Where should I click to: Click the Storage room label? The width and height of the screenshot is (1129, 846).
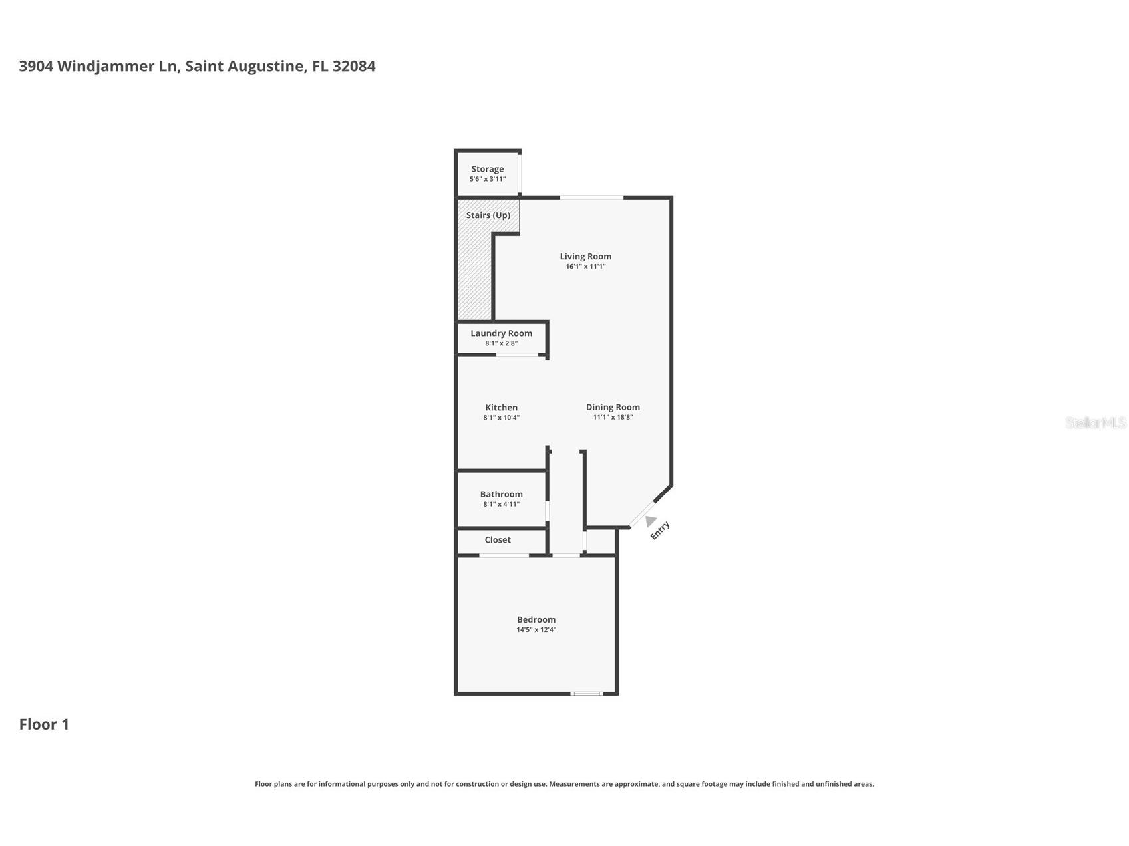click(488, 169)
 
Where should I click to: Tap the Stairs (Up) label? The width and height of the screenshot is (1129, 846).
click(488, 215)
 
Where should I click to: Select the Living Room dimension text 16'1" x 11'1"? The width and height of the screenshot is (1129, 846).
click(585, 267)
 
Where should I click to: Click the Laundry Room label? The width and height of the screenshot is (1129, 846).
click(501, 333)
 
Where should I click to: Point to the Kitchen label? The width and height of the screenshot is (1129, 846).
click(501, 408)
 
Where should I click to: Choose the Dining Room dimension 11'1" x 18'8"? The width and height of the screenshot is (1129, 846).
click(613, 418)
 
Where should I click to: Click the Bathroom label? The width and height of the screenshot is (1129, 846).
click(501, 494)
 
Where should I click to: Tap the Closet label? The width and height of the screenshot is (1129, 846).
click(498, 540)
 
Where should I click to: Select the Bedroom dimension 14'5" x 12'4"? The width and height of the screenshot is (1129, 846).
click(536, 630)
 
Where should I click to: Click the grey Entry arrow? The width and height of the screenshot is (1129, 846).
click(650, 521)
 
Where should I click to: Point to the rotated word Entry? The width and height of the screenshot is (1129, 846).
click(659, 531)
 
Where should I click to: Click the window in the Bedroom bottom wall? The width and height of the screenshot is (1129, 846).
click(587, 694)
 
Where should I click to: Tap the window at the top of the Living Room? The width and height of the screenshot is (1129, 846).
click(591, 197)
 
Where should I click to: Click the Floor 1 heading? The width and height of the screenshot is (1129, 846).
click(44, 724)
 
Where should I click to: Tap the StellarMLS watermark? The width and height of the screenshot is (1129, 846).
click(1096, 422)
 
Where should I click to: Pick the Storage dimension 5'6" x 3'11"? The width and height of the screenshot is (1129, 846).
click(488, 180)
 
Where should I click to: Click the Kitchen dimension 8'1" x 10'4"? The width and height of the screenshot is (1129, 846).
click(501, 418)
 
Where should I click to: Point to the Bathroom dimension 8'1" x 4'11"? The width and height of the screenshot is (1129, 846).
click(501, 505)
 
